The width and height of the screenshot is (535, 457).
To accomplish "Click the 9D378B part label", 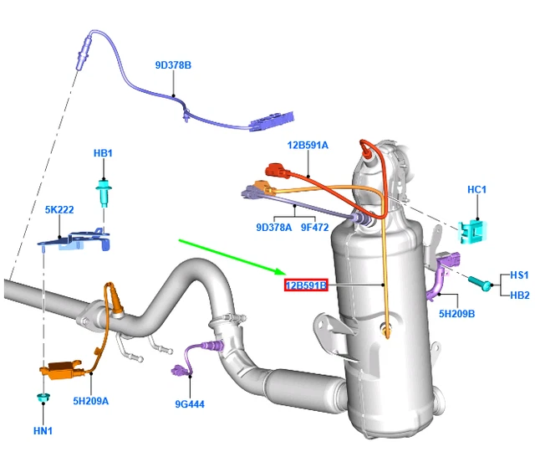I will click(x=173, y=64).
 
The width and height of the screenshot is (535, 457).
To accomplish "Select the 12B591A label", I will click(x=308, y=145).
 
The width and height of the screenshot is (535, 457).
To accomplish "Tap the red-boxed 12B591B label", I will click(x=305, y=285).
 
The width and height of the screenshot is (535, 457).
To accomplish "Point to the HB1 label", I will click(x=103, y=154).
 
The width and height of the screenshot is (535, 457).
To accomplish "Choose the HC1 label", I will click(x=476, y=190).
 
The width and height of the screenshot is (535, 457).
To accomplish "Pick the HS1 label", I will click(x=519, y=275).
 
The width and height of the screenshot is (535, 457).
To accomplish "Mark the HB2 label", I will click(x=519, y=295).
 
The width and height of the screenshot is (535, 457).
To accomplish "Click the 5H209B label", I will click(x=456, y=314).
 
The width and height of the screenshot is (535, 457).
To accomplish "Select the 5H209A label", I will click(x=91, y=401).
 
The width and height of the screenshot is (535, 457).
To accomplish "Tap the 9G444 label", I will click(x=190, y=404).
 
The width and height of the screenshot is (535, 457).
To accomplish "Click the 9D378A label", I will click(x=273, y=227).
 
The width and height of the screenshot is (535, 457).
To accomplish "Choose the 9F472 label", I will click(x=316, y=227).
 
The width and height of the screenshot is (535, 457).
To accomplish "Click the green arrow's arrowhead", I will click(x=284, y=271).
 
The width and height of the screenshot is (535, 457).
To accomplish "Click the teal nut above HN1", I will click(x=42, y=394).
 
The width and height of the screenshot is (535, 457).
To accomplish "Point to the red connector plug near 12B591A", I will click(x=276, y=172).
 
